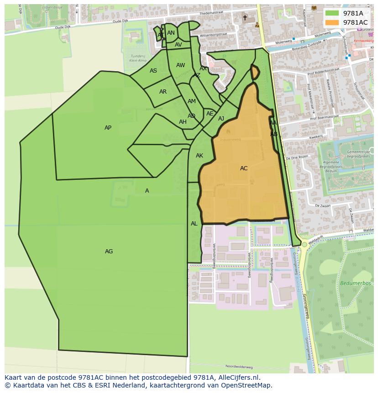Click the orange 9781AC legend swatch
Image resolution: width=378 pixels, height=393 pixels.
click(332, 22)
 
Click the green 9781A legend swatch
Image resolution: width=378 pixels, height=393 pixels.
click(332, 13)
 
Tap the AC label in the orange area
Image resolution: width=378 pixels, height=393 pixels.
click(244, 168)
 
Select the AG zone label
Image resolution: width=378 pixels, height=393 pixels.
click(109, 252)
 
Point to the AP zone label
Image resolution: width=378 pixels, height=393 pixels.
click(108, 128)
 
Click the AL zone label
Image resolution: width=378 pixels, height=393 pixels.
click(194, 224)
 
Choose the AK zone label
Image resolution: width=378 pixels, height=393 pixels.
click(199, 156)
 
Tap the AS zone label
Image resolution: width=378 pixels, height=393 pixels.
click(153, 71)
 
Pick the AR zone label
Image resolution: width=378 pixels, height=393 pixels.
click(163, 92)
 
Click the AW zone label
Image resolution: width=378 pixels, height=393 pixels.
click(180, 65)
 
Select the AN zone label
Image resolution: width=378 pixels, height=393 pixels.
click(171, 33)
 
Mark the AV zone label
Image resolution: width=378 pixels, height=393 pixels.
click(178, 45)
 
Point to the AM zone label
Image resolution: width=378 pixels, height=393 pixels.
click(192, 101)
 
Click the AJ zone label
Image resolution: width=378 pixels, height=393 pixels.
click(221, 119)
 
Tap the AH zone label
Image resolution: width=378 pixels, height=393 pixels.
click(183, 122)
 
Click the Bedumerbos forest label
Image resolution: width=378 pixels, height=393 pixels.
click(351, 283)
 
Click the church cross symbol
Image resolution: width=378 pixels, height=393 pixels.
click(245, 18)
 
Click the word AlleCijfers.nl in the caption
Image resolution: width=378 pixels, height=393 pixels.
click(239, 377)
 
